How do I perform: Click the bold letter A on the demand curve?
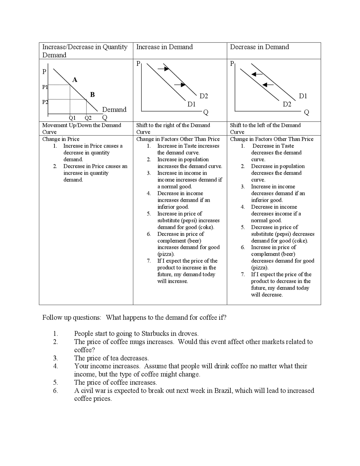click(x=75, y=80)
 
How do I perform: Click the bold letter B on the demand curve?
click(x=92, y=95)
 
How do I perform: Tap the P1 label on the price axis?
click(x=45, y=87)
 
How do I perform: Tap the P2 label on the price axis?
click(x=45, y=102)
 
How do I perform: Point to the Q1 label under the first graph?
click(x=72, y=118)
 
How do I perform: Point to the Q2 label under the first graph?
click(x=88, y=118)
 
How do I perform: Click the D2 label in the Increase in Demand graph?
click(x=204, y=96)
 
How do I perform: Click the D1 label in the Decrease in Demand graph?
click(x=303, y=96)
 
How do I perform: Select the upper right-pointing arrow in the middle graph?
click(x=163, y=68)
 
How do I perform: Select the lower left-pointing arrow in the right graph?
click(x=268, y=84)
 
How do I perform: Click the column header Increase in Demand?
click(x=165, y=47)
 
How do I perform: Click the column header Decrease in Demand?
click(x=259, y=47)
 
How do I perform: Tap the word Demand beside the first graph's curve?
click(x=114, y=109)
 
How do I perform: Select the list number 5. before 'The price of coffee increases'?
click(x=55, y=382)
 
